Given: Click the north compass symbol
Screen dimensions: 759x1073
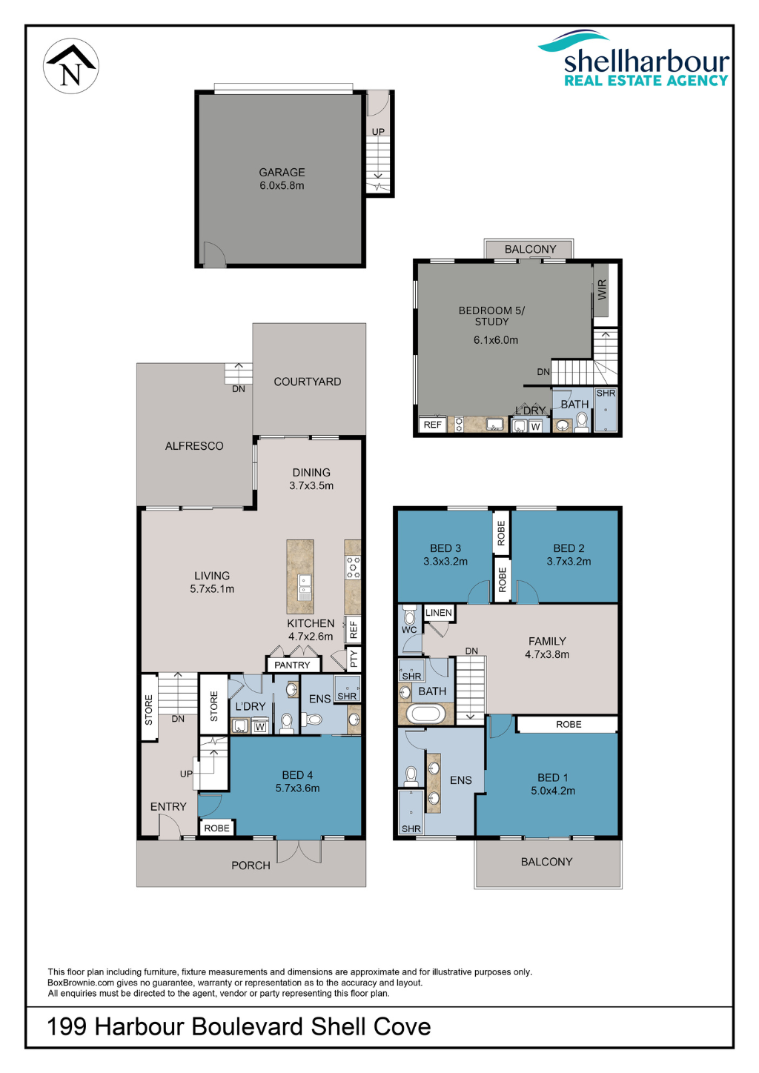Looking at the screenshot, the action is click(71, 66).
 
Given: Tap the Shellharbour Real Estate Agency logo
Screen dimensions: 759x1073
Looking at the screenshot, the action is click(634, 59).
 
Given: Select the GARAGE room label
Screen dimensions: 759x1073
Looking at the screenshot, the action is click(282, 173).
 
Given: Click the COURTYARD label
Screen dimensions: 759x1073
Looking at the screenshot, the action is click(307, 382).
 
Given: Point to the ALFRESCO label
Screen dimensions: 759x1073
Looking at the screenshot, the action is click(194, 446).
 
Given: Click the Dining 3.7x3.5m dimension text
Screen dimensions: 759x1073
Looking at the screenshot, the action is click(311, 485).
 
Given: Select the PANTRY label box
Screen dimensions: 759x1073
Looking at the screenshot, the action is click(292, 665).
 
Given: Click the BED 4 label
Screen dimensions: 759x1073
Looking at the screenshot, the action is click(297, 775).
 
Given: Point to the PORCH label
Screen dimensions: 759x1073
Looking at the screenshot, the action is click(251, 866).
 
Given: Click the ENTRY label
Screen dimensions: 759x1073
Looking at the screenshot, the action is click(168, 807).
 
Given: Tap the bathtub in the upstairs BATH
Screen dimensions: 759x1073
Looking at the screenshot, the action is click(425, 714).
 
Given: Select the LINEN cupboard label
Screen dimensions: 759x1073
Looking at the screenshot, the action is click(439, 613).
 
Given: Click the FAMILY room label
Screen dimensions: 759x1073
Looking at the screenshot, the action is click(547, 641).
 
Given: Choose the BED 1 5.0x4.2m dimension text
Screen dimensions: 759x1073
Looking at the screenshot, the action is click(552, 791).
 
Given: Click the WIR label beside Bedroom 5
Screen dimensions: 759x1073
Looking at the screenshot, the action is click(603, 289).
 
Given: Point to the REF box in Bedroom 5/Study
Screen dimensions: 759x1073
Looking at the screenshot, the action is click(433, 425).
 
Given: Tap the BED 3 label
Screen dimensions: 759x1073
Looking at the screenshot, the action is click(445, 548).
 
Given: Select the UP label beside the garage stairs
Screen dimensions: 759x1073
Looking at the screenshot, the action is click(378, 132).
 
